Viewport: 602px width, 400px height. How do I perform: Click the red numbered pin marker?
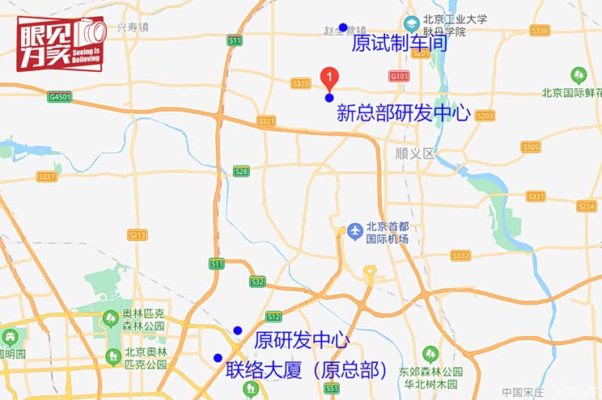tap(329, 77)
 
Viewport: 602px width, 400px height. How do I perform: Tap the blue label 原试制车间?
tap(400, 43)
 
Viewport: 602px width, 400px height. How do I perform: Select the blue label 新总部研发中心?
tap(403, 112)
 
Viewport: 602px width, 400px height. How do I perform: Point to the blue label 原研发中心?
tap(301, 340)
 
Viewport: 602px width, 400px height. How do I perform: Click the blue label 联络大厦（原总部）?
tap(307, 370)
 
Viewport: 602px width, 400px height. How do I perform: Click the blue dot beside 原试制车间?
tap(343, 27)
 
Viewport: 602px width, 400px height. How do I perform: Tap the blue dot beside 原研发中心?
tap(237, 330)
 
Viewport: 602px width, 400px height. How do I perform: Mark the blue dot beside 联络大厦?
tap(218, 358)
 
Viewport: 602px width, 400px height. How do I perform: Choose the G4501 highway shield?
tap(60, 97)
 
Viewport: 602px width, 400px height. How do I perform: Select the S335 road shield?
tap(301, 83)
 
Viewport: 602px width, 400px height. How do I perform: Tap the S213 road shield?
tap(138, 234)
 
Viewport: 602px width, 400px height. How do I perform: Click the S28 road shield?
tap(241, 171)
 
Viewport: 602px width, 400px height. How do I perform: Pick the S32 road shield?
tap(257, 281)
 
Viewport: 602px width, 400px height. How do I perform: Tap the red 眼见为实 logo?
tap(61, 43)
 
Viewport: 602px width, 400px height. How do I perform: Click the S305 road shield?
tap(531, 146)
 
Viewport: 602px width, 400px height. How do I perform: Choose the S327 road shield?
tap(46, 176)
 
